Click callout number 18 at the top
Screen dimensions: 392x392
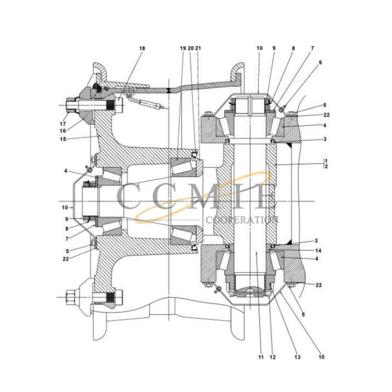click(x=142, y=48)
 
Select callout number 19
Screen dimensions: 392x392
click(x=183, y=48)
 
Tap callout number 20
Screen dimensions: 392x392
click(x=190, y=48)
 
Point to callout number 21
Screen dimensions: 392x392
click(x=198, y=48)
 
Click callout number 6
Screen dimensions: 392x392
click(x=320, y=63)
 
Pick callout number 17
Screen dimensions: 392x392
click(x=63, y=124)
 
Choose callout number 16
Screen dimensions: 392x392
click(x=63, y=131)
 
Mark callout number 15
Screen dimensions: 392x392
click(x=63, y=139)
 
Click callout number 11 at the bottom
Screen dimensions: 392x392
click(x=261, y=358)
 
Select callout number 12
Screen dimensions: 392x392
click(x=273, y=358)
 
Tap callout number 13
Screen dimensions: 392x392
click(x=297, y=358)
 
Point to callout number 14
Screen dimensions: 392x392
click(x=318, y=250)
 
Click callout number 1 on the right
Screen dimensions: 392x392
click(x=326, y=161)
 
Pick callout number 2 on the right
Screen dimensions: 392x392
click(x=326, y=167)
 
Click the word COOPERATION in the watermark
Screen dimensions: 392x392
click(x=242, y=220)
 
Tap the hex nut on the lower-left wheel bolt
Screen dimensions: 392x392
click(x=69, y=297)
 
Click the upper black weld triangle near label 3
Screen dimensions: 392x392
click(x=289, y=144)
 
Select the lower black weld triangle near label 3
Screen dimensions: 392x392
click(x=289, y=242)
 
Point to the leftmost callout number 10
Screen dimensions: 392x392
click(x=64, y=207)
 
